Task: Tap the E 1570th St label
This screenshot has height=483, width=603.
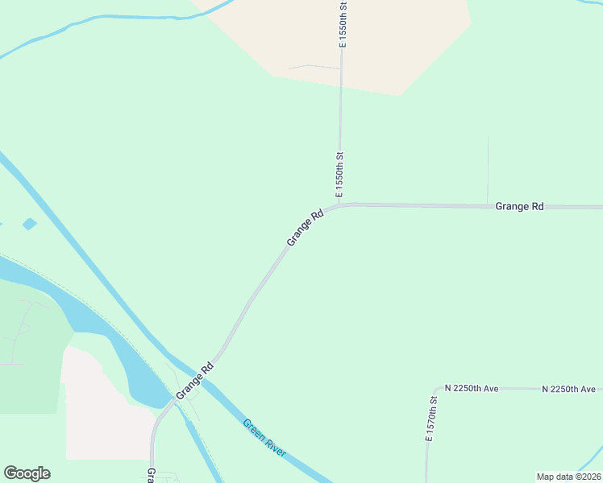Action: [x=433, y=418]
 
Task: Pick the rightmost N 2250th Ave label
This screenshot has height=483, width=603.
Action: [x=568, y=389]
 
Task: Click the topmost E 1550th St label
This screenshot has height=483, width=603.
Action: [x=343, y=24]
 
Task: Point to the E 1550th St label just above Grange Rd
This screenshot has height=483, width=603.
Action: [x=340, y=174]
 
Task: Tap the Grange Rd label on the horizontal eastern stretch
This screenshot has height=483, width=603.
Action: [x=519, y=207]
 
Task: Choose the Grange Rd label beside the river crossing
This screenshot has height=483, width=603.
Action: [x=195, y=380]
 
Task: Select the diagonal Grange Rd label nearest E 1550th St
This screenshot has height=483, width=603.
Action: [x=305, y=228]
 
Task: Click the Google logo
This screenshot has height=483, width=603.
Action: [x=27, y=473]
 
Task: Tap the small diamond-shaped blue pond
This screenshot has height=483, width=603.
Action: [x=30, y=224]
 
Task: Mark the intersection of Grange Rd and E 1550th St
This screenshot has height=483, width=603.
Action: [x=340, y=204]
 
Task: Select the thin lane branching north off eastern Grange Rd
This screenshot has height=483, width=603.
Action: [x=488, y=169]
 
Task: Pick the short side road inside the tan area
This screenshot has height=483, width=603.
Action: [x=314, y=66]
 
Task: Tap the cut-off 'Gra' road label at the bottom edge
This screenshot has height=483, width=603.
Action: [x=151, y=474]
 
